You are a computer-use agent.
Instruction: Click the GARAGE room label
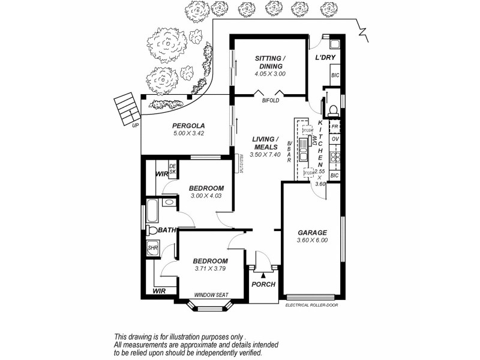pos(312,232)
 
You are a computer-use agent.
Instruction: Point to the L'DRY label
pos(325,58)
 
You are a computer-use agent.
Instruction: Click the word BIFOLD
pos(271,101)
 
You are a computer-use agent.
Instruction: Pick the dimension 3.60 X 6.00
pos(313,240)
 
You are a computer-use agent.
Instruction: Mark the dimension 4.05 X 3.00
pos(270,74)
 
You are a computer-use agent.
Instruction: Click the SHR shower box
pos(152,247)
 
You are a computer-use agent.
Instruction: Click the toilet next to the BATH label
pos(152,230)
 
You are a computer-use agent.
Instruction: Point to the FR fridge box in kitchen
pos(335,127)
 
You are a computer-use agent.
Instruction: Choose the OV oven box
pos(335,139)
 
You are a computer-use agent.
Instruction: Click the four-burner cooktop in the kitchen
pos(335,157)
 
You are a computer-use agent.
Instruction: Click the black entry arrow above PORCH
pos(263,274)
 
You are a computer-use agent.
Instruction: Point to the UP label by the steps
pos(135,125)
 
